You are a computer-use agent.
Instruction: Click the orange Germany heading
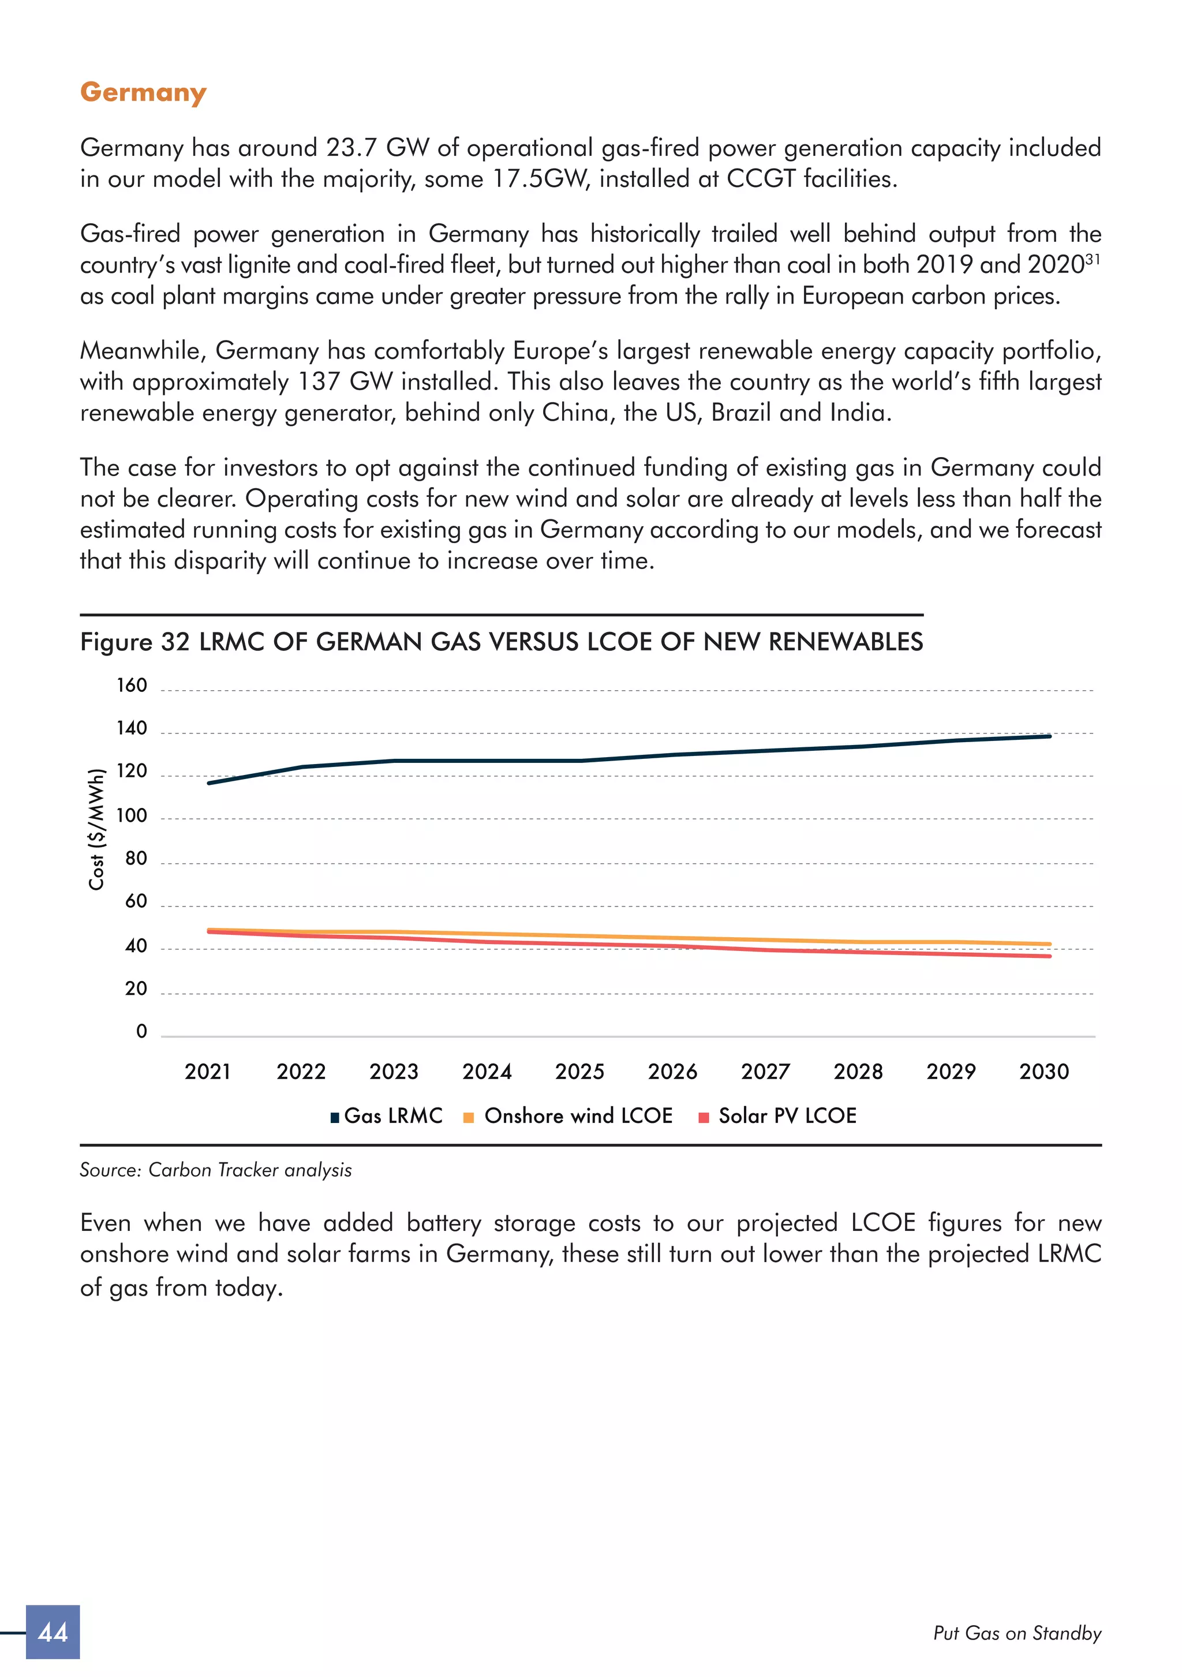click(x=143, y=93)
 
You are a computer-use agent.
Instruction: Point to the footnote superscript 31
click(x=1092, y=259)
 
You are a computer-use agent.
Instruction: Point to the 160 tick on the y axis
click(x=132, y=685)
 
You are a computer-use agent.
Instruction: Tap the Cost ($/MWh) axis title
click(x=96, y=829)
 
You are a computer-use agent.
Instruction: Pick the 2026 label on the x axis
click(x=672, y=1072)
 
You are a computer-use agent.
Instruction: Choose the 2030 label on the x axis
click(x=1043, y=1072)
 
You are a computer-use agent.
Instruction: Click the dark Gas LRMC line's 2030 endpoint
click(x=1049, y=736)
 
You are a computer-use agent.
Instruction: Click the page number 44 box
click(x=53, y=1632)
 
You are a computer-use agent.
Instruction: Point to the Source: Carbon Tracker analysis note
click(x=215, y=1170)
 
